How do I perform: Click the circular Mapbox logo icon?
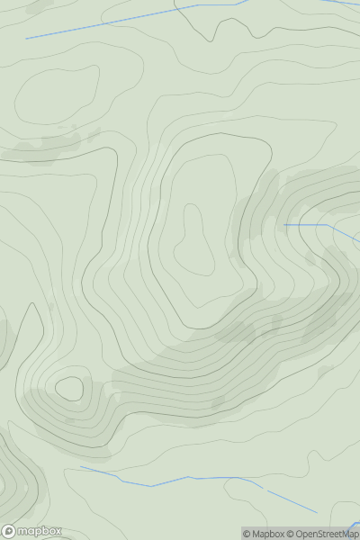(10, 531)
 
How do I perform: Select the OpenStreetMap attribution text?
(326, 534)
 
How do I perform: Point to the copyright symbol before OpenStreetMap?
(291, 534)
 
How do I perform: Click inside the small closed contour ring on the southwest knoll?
(68, 389)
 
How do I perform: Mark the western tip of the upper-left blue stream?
(26, 39)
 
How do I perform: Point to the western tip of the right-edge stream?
(284, 224)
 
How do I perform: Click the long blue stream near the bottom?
(180, 480)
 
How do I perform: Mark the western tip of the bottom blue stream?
(80, 466)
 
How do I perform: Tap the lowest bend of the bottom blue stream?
(151, 486)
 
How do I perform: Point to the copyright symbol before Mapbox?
(247, 534)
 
